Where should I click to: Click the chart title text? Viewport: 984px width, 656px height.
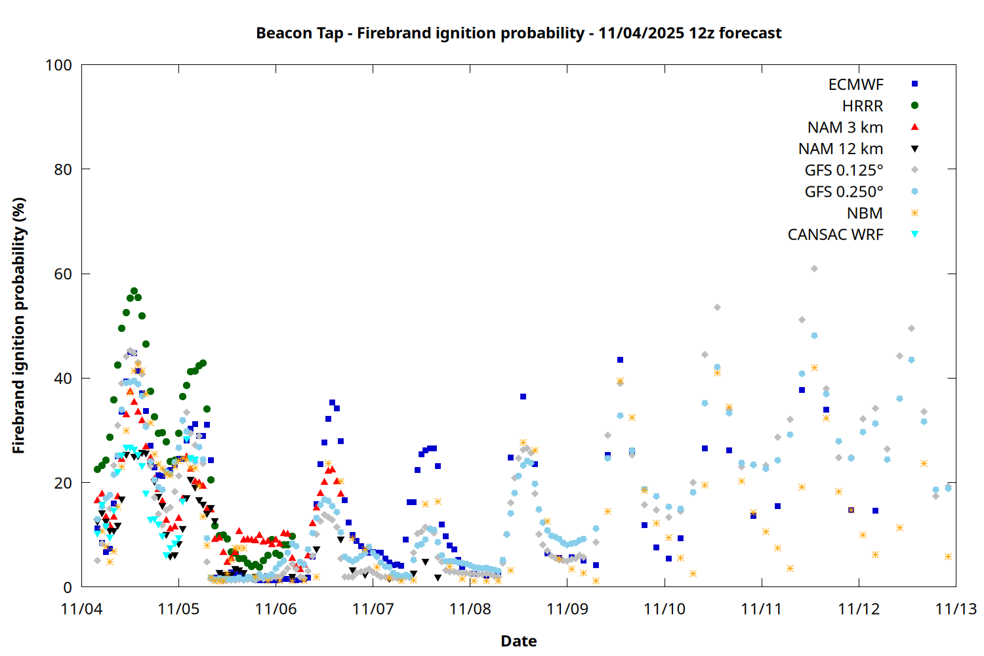tap(518, 33)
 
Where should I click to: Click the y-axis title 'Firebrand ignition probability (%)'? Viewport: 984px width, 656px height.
tap(19, 325)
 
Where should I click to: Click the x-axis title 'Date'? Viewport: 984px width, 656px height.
tap(518, 641)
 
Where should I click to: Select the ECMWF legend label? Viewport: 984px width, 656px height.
tap(855, 85)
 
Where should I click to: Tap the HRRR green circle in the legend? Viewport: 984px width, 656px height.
tap(914, 106)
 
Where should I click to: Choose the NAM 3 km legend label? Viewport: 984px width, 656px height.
tap(845, 127)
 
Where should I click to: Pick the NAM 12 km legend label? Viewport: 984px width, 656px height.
tap(840, 149)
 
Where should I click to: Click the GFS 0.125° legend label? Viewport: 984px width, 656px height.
tap(844, 171)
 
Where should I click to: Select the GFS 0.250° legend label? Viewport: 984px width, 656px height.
tap(844, 192)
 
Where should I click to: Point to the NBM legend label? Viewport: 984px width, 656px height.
tap(865, 213)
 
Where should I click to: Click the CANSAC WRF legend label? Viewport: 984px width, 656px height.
tap(835, 235)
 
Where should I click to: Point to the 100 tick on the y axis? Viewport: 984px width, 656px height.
tap(58, 65)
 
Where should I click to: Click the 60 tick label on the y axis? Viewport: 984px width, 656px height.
tap(63, 274)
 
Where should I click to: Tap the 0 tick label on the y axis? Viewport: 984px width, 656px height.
tap(68, 588)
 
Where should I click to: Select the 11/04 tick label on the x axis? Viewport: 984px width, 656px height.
tap(81, 609)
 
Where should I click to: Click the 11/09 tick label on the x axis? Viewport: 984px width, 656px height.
tap(567, 609)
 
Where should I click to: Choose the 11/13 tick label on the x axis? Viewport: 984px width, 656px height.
tap(956, 609)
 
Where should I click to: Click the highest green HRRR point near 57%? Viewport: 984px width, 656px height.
tap(134, 291)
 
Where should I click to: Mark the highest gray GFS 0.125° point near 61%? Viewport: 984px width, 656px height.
tap(814, 268)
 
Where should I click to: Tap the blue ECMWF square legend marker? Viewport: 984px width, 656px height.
tap(914, 84)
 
